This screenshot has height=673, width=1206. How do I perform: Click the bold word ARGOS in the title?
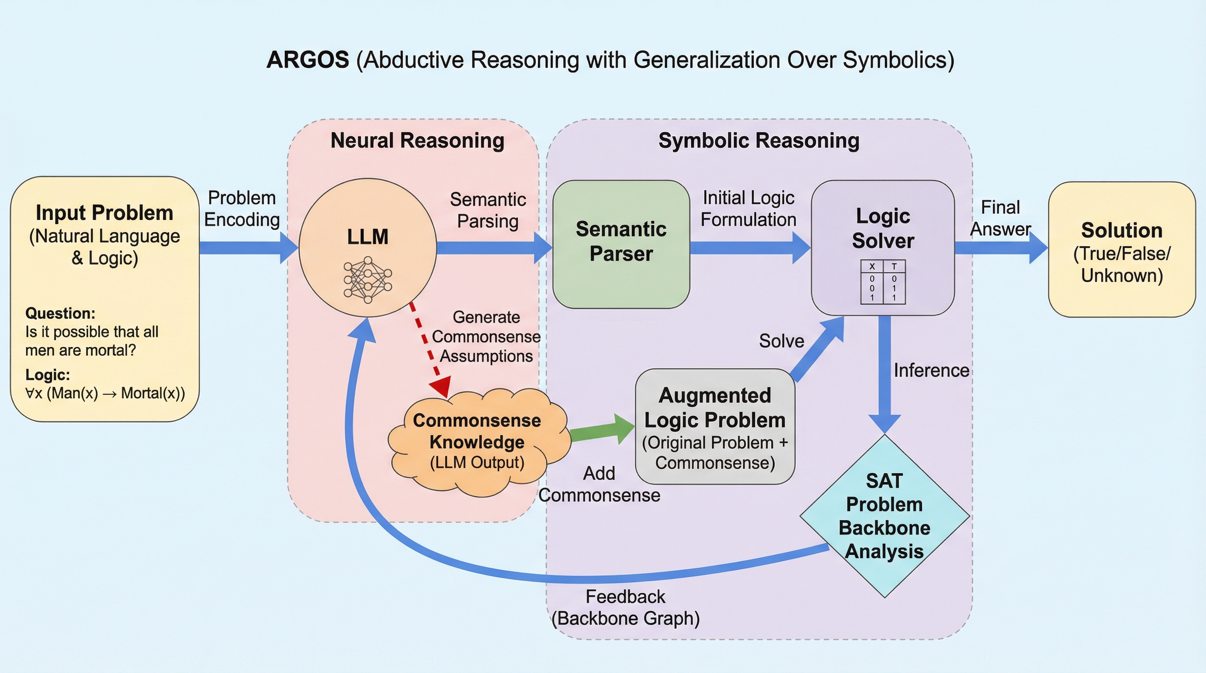(308, 60)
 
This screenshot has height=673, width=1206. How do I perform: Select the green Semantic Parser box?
(621, 244)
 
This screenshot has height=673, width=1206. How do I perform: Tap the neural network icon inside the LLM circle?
(368, 280)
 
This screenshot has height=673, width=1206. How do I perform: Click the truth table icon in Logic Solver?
(883, 282)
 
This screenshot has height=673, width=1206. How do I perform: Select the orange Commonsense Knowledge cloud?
(477, 441)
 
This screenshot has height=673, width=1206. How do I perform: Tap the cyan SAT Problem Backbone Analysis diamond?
(884, 516)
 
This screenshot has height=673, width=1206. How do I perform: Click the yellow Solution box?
(1122, 250)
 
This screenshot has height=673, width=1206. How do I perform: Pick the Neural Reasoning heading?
(417, 140)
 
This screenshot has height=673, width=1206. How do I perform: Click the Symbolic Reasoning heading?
(759, 140)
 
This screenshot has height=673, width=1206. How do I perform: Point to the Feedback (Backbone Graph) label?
(625, 607)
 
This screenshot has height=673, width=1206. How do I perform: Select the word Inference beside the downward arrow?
(931, 370)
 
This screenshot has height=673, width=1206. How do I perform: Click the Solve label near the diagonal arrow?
(781, 341)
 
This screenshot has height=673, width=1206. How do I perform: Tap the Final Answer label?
(1000, 218)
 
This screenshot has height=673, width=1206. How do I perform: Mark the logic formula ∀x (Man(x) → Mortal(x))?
(105, 393)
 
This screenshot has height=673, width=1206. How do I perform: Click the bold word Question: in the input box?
(60, 313)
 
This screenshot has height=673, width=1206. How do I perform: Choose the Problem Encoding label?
(241, 209)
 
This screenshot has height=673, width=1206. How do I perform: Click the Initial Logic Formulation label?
(748, 209)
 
